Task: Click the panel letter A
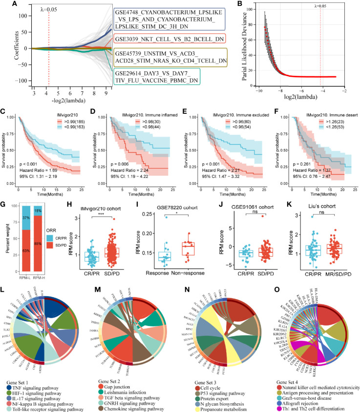click(6, 5)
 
